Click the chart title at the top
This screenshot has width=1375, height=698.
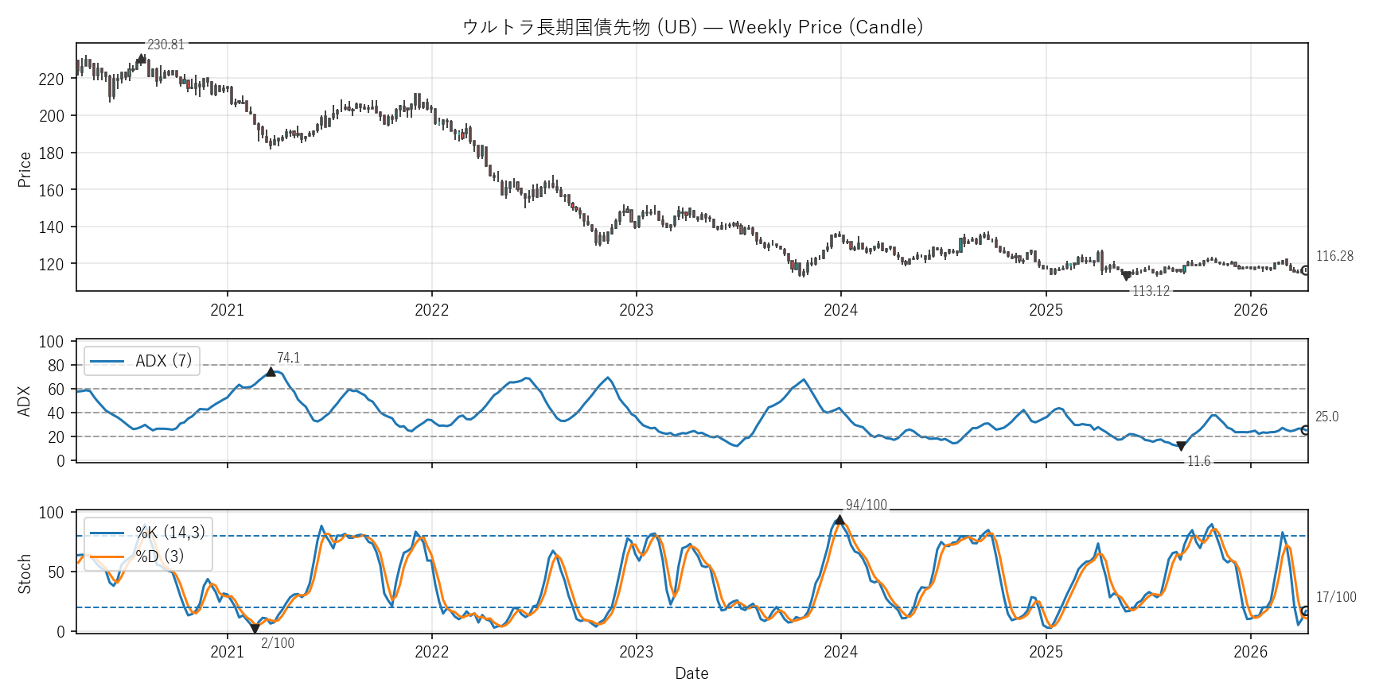(x=692, y=27)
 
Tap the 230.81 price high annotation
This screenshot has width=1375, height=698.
(x=166, y=45)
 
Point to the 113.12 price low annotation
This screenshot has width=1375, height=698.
(x=1151, y=291)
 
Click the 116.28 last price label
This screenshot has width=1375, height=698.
(x=1334, y=256)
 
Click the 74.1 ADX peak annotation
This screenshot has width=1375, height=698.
(x=288, y=359)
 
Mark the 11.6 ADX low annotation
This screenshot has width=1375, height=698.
(x=1198, y=461)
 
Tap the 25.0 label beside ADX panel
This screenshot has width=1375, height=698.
(x=1326, y=417)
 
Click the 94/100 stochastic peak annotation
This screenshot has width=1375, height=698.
(x=866, y=505)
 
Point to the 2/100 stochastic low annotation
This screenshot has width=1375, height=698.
(x=278, y=643)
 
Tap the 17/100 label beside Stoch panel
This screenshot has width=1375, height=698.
(x=1336, y=597)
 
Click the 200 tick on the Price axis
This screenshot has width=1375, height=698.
(x=51, y=116)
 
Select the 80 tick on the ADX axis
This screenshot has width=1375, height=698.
(x=56, y=366)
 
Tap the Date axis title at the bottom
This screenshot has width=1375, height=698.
(x=691, y=673)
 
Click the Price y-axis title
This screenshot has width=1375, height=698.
(x=25, y=169)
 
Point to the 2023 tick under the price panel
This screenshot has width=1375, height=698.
(x=636, y=310)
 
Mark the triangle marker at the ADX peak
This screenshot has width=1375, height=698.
(x=271, y=371)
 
